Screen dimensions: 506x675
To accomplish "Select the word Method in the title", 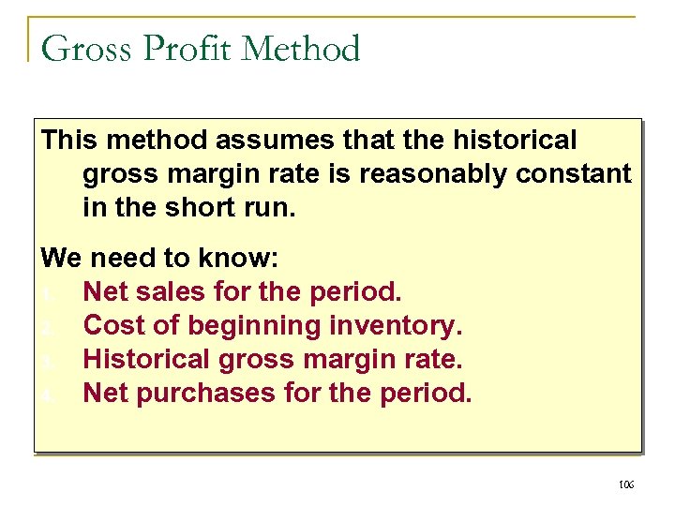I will [301, 48].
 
